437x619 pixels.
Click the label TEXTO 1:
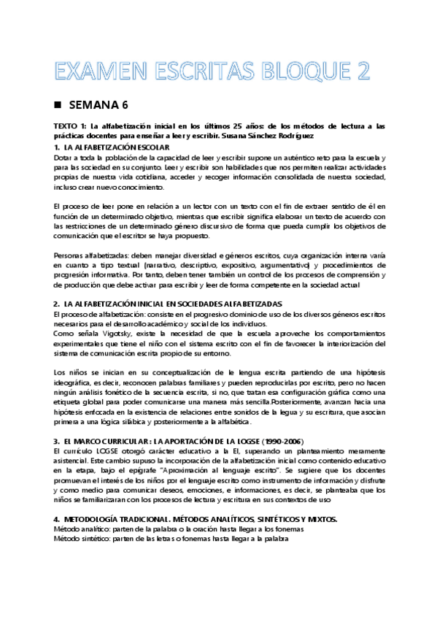pos(72,126)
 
